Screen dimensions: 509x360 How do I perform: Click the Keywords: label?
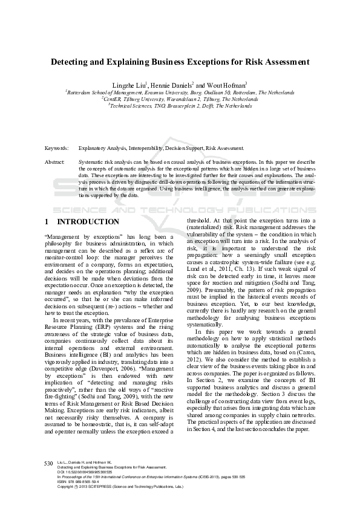click(57, 148)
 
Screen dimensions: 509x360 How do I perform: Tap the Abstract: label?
click(55, 163)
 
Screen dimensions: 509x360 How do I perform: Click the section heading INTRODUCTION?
click(92, 222)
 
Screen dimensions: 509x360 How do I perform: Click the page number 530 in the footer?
click(49, 462)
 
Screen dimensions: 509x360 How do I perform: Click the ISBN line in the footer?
click(79, 481)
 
